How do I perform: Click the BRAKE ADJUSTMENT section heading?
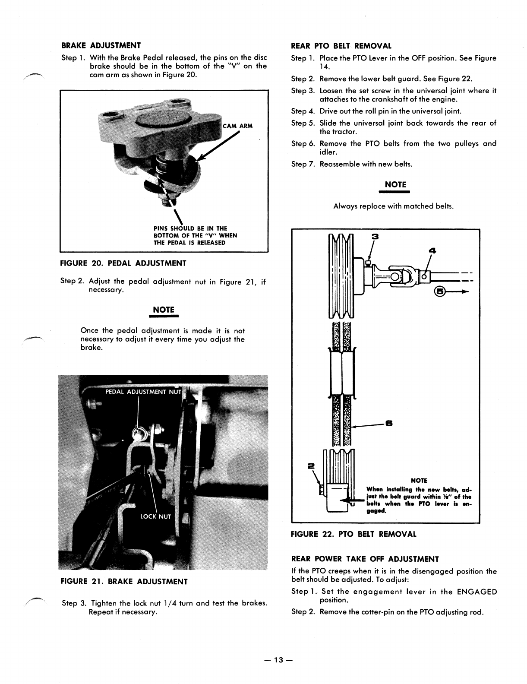click(x=101, y=45)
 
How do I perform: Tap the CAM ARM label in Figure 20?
click(x=237, y=126)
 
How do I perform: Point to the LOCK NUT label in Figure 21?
click(x=156, y=516)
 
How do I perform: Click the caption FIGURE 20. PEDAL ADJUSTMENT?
click(x=123, y=263)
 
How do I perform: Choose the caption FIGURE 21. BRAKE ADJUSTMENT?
click(x=124, y=581)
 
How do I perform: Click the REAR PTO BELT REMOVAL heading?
click(x=341, y=46)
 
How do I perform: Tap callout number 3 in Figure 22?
click(x=375, y=236)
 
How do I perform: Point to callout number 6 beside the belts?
click(x=388, y=424)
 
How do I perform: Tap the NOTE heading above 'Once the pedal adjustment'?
click(x=164, y=310)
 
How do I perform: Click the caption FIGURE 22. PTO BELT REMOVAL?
click(x=354, y=534)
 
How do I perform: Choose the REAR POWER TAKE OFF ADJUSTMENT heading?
click(x=365, y=559)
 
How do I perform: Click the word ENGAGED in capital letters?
click(x=474, y=592)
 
